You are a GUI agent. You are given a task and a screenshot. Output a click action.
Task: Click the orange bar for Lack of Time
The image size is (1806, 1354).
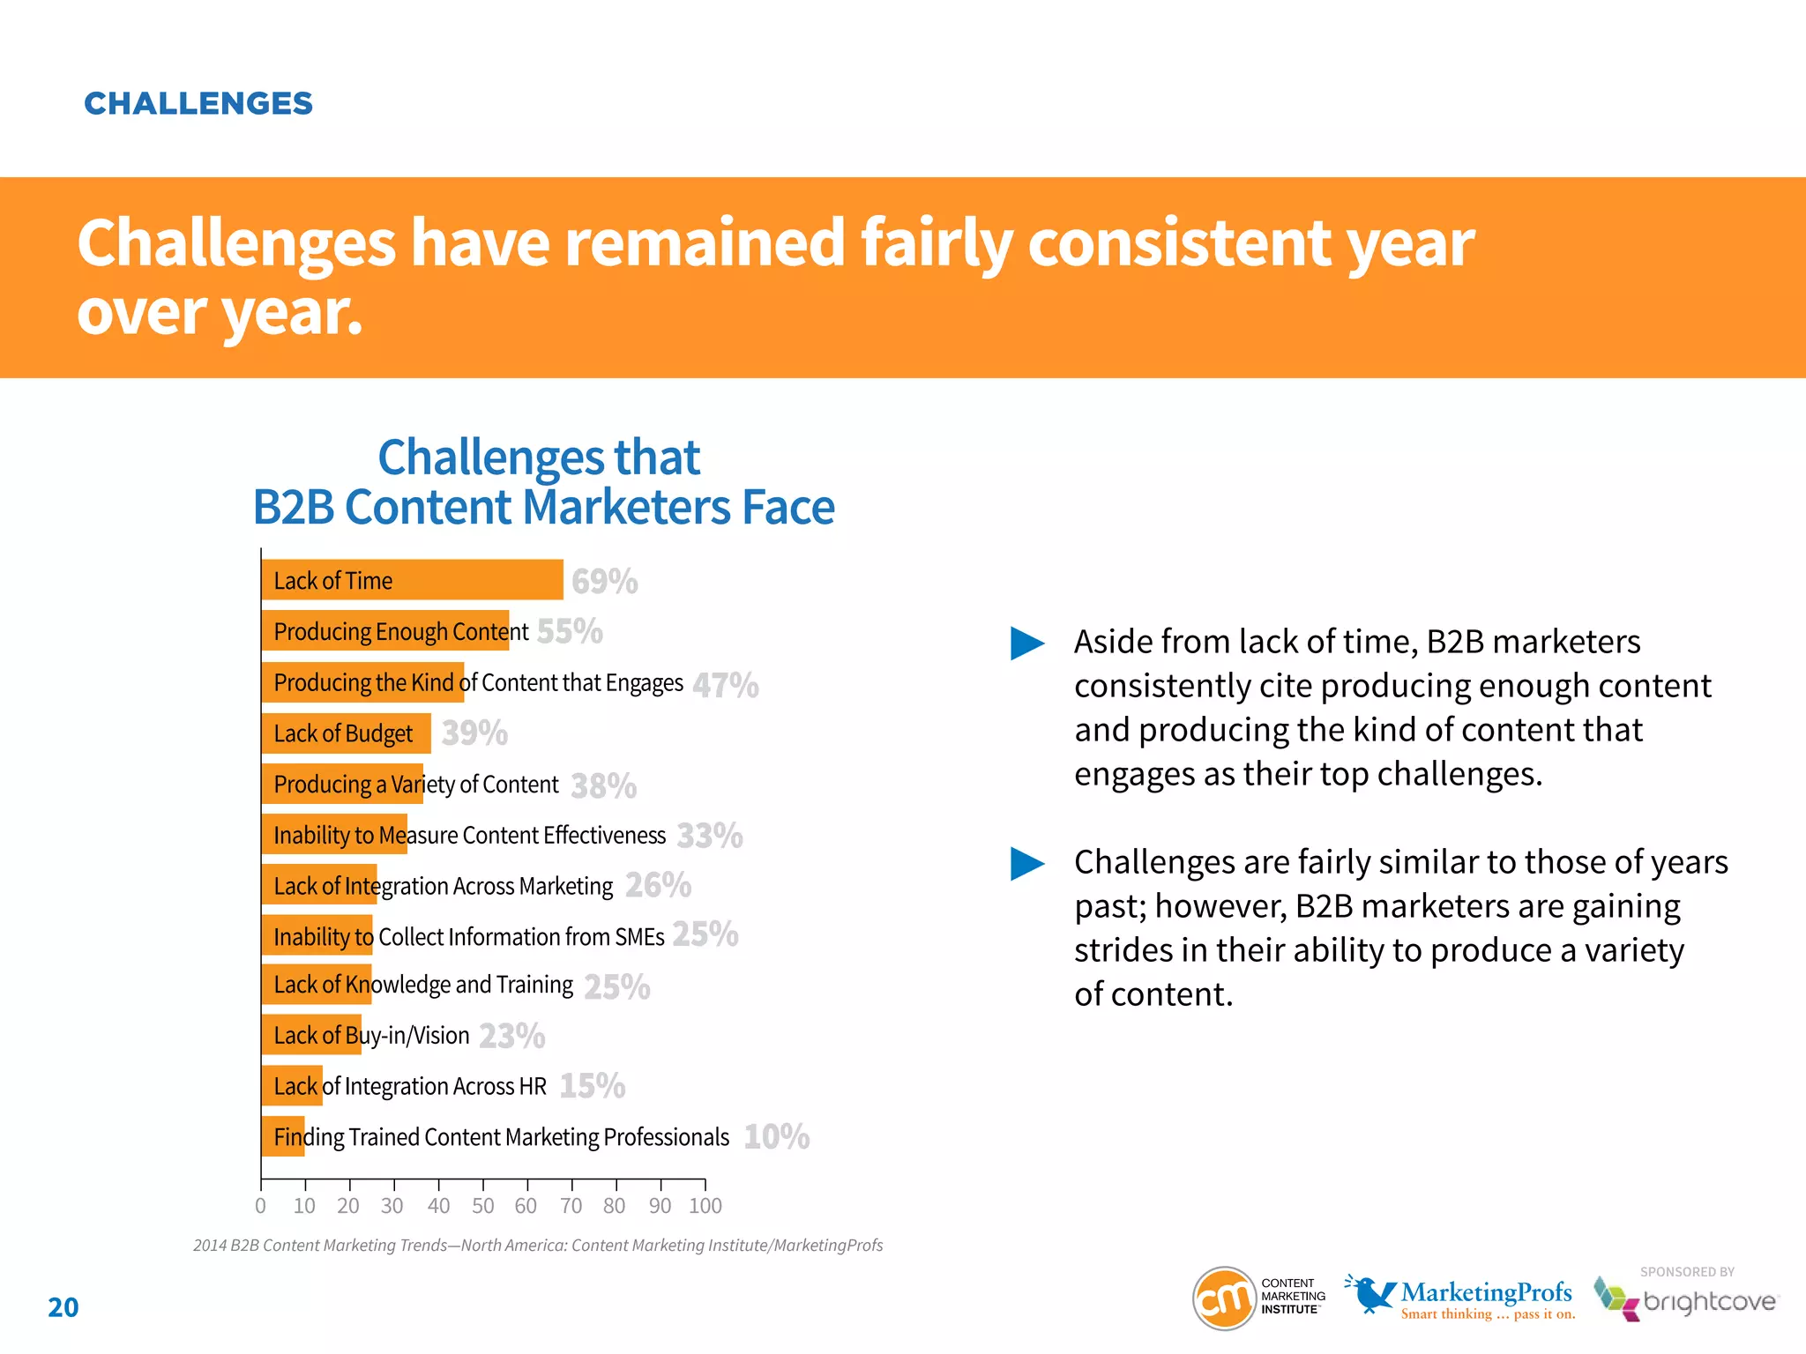(x=412, y=580)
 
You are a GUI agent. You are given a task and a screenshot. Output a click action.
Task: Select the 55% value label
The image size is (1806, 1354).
(x=570, y=631)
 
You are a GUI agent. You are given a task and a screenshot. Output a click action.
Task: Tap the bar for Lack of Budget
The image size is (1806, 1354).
(x=346, y=733)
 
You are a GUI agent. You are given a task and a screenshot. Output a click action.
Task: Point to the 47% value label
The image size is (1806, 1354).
(x=725, y=685)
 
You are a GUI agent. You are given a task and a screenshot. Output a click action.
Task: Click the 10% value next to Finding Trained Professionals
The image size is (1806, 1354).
(x=776, y=1136)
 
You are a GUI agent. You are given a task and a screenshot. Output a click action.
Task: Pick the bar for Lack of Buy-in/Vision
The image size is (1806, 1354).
(x=311, y=1035)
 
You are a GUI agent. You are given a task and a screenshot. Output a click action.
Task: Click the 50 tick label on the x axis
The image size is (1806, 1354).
(x=482, y=1206)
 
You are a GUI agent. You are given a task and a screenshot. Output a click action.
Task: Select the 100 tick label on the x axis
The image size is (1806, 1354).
(x=705, y=1206)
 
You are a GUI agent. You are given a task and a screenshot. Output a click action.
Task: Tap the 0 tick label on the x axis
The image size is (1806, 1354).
(x=260, y=1206)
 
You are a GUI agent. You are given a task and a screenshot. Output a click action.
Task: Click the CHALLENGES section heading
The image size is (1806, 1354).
(x=198, y=104)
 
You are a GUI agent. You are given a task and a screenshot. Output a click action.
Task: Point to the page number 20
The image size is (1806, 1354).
(x=63, y=1307)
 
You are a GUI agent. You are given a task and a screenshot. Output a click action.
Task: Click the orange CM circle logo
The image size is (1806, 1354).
(x=1224, y=1298)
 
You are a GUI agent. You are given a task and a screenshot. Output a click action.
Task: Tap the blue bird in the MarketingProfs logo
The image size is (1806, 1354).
(x=1371, y=1293)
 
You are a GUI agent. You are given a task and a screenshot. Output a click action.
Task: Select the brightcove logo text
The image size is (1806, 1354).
(x=1709, y=1302)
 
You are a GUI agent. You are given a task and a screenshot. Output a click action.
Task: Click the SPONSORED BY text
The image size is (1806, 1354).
(x=1687, y=1272)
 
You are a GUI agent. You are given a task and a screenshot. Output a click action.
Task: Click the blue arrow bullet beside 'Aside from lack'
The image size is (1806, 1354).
(x=1026, y=644)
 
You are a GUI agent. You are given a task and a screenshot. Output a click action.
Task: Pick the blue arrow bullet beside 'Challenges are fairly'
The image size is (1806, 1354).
(x=1026, y=864)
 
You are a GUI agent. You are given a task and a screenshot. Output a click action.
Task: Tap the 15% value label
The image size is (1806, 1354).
(x=592, y=1086)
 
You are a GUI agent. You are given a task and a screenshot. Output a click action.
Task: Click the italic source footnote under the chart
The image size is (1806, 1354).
(x=538, y=1246)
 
